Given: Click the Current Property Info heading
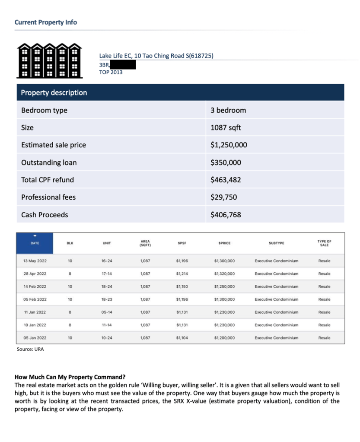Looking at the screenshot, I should (46, 22).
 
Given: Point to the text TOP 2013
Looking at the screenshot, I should (111, 72).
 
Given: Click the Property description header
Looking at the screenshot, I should (54, 92).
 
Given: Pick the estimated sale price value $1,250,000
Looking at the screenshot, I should (229, 145).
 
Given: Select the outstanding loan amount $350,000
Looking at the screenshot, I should (226, 162).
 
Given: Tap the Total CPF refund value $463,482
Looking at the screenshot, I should (226, 180).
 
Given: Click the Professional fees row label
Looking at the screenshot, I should (48, 197).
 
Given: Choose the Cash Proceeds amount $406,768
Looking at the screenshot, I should (226, 215).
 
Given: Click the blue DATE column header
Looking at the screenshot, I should (35, 243).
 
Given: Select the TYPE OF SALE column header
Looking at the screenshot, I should (324, 243).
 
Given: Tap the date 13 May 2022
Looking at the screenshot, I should (35, 261).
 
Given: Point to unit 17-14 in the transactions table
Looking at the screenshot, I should (107, 273).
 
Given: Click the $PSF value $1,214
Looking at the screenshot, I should (182, 273).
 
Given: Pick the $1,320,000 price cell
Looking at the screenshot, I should (224, 273).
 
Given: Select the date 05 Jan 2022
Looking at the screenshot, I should (35, 338).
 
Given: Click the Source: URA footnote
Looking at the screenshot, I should (30, 349).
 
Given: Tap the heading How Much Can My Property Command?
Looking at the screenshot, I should (70, 377).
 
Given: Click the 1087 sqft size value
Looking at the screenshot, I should (226, 127).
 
